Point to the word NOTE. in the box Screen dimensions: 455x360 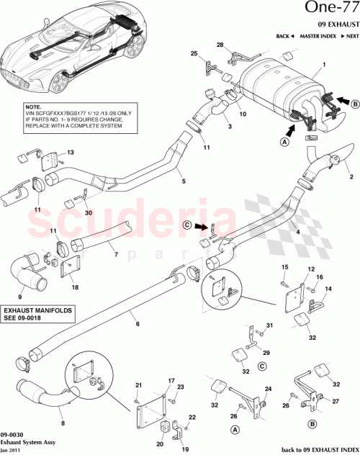tap(35, 107)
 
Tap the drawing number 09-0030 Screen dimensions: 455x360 tap(13, 434)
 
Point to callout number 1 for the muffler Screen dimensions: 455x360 tap(324, 66)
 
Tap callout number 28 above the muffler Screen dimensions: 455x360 tap(220, 45)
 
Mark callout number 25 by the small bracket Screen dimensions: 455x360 tap(194, 54)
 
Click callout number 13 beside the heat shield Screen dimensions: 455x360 tap(71, 153)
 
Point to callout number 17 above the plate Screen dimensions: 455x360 tap(171, 380)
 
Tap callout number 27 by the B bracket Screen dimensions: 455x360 tap(335, 402)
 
